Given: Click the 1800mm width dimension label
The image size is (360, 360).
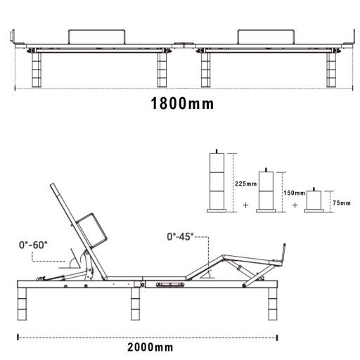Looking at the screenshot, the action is click(182, 103).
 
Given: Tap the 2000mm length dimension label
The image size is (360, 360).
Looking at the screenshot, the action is click(150, 347).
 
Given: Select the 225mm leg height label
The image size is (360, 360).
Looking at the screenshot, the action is click(246, 184).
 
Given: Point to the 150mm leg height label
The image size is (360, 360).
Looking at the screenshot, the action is click(295, 193).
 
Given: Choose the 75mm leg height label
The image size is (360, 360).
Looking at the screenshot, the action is click(342, 203).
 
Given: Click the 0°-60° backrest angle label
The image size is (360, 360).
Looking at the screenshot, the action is click(33, 245).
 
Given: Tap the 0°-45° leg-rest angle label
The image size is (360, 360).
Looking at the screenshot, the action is click(180, 237).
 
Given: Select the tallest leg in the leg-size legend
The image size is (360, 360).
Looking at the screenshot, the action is click(217, 181).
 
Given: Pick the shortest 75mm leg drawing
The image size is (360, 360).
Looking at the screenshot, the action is click(314, 200).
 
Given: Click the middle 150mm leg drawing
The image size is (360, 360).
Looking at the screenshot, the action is click(266, 191).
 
